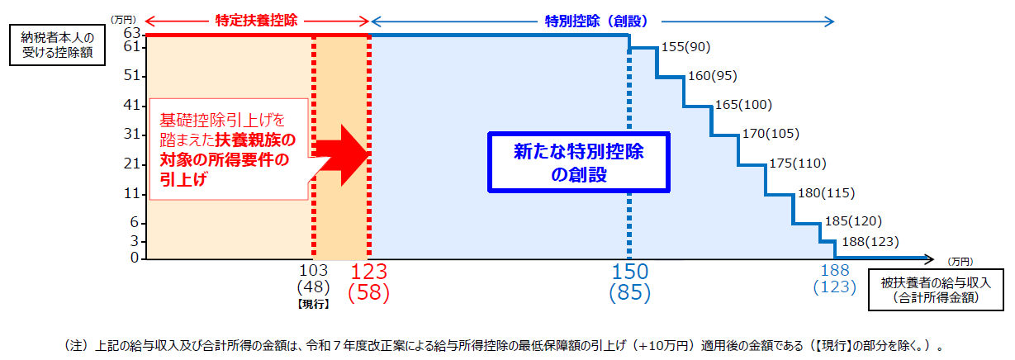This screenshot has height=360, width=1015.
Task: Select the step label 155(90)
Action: [x=685, y=47]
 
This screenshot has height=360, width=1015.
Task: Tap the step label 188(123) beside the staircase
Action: [x=869, y=243]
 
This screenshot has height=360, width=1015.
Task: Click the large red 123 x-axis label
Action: [x=369, y=272]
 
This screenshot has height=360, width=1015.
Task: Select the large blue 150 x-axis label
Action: [x=630, y=272]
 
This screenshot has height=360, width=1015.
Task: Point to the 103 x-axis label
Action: [x=314, y=270]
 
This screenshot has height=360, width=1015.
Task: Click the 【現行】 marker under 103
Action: [x=314, y=304]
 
